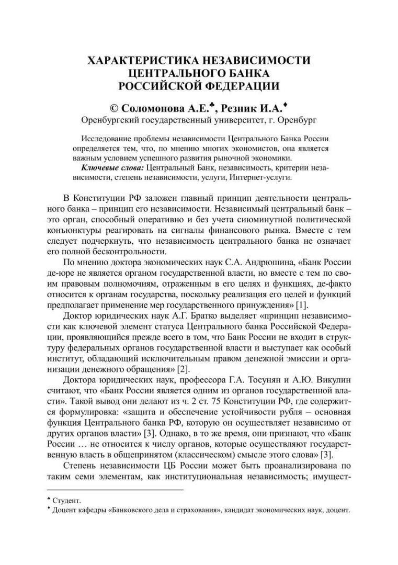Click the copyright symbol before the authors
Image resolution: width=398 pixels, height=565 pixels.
click(114, 108)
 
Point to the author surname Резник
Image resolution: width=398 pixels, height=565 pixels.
click(238, 108)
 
